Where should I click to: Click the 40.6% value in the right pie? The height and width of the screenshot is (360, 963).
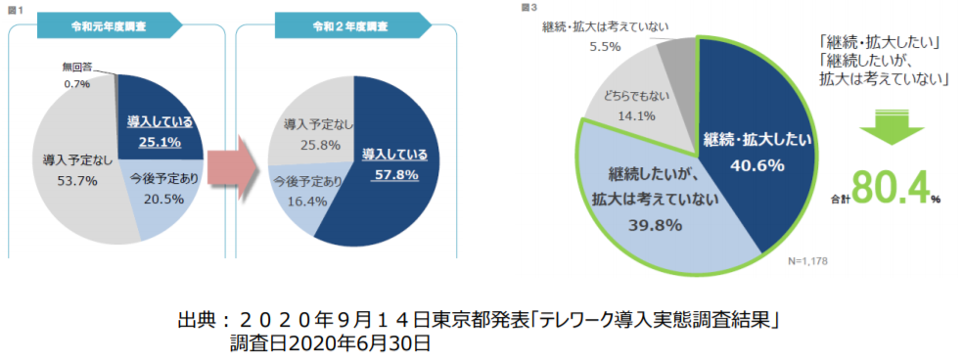(x=757, y=164)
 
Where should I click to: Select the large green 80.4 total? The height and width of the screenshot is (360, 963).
(x=889, y=189)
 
